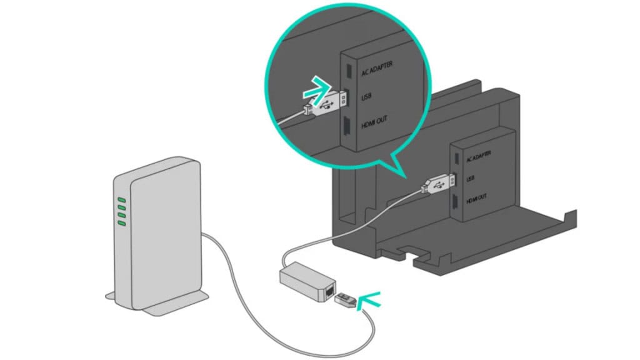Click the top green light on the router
point(122,201)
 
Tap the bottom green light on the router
point(122,222)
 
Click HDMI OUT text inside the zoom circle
point(379,122)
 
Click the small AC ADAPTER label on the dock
point(478,154)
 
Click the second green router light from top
point(122,208)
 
